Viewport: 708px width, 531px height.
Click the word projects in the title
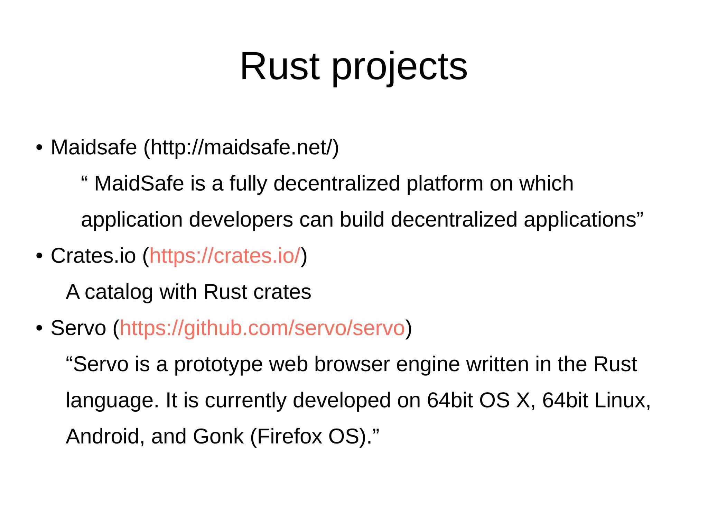(x=399, y=67)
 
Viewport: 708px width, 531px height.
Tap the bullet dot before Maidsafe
(x=39, y=148)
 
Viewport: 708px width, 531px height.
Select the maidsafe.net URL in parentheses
(x=241, y=147)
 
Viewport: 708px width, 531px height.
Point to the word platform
(x=445, y=183)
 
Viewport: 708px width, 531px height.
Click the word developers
(x=241, y=220)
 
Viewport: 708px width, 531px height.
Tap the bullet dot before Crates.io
(x=39, y=256)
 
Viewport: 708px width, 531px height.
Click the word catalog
(x=119, y=292)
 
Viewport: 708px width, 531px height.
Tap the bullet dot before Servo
(x=39, y=328)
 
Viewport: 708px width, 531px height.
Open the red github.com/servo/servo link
(x=262, y=328)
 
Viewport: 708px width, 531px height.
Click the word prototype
(x=218, y=365)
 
